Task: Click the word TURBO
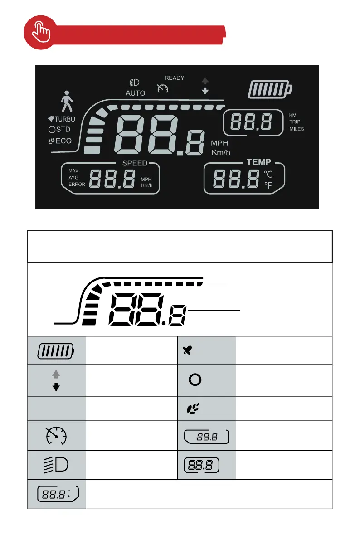(65, 119)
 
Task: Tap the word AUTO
(136, 93)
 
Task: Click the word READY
(174, 78)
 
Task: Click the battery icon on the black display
(270, 89)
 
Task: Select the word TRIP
(295, 122)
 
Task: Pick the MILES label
(297, 129)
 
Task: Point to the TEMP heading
(259, 162)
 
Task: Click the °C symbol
(269, 174)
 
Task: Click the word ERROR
(77, 185)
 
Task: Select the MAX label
(73, 171)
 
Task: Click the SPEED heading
(135, 163)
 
